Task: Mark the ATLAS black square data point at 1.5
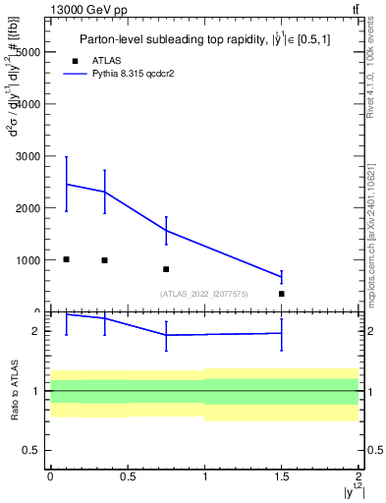282,294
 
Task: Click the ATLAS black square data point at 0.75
166,269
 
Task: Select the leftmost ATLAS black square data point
66,259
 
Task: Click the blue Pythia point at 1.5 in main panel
282,277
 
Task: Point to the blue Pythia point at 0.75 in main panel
166,231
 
